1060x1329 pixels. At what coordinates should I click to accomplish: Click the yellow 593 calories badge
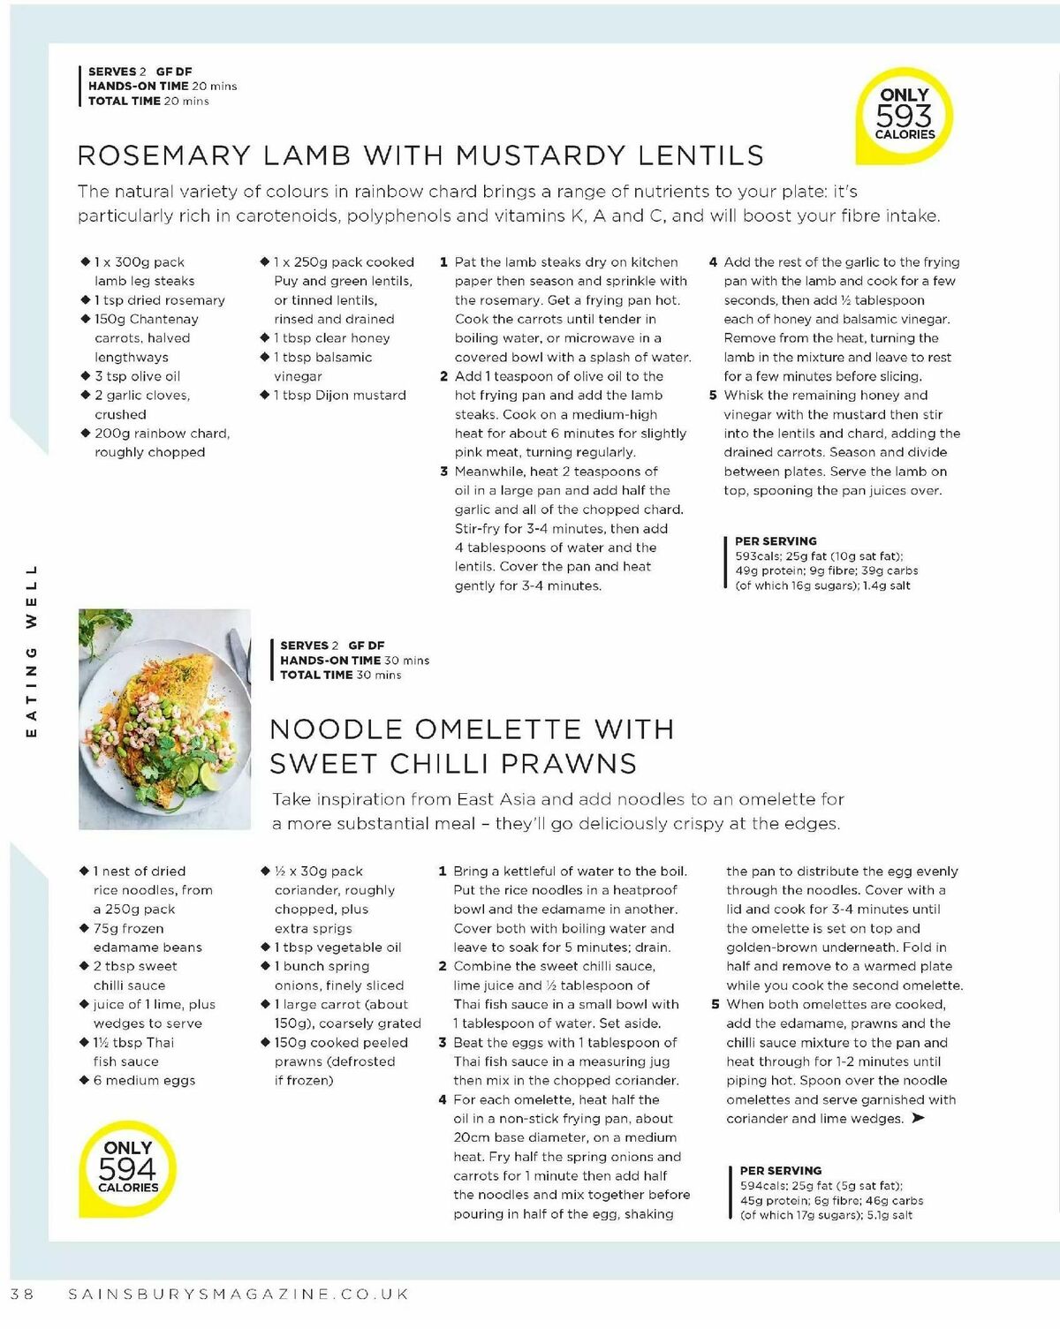tap(905, 116)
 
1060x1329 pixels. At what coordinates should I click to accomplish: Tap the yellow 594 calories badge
tap(127, 1168)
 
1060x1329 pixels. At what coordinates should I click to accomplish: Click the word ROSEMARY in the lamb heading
tap(164, 155)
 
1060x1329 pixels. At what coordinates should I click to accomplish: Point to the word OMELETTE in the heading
tap(499, 729)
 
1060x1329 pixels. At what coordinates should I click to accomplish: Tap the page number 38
tap(22, 1294)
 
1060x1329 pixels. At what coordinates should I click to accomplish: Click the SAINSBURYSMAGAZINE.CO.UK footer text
tap(238, 1294)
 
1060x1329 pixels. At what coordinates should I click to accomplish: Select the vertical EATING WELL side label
tap(32, 652)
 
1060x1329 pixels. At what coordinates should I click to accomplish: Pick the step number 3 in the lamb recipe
tap(443, 472)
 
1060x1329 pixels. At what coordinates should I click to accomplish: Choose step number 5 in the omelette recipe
tap(715, 1005)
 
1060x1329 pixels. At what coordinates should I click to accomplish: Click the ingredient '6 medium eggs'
tap(144, 1081)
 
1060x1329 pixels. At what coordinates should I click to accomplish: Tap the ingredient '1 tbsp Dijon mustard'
tap(339, 396)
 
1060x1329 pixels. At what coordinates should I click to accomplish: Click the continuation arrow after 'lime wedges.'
tap(919, 1119)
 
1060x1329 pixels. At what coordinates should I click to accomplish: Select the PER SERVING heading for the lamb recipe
tap(776, 541)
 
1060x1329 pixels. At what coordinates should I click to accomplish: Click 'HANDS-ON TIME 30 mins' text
tap(354, 661)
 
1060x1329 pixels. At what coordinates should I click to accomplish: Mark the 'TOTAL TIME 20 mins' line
tap(148, 102)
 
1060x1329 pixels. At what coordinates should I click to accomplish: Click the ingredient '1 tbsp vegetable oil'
tap(337, 948)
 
